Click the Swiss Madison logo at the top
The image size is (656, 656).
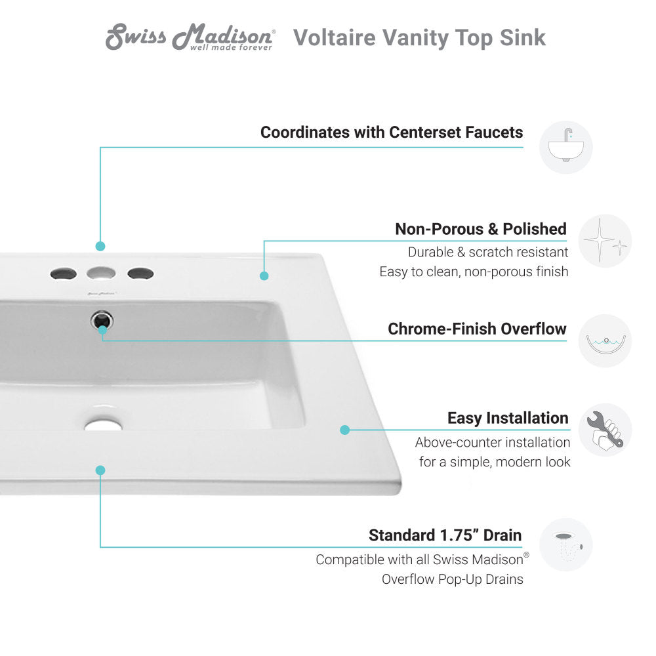tap(190, 38)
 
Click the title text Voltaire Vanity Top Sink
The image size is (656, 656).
tap(419, 38)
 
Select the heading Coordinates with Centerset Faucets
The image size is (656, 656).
tap(392, 133)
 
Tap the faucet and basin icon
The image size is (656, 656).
tap(565, 147)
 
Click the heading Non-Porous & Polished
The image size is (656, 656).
tap(480, 229)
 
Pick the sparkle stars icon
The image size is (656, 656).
tap(605, 241)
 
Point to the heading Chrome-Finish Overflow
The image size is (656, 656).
tap(477, 329)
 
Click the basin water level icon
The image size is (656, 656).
tap(605, 341)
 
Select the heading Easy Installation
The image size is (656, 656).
tap(508, 418)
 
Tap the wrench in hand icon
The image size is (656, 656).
tap(605, 430)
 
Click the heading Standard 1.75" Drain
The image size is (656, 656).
tap(445, 535)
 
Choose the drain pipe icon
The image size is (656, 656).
tap(565, 544)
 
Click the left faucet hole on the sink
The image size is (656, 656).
tap(62, 273)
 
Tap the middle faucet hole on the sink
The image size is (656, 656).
tap(101, 273)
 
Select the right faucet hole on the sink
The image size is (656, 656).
tap(140, 273)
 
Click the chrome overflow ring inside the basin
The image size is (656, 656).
tap(102, 321)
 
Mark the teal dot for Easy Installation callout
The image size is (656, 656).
tap(344, 430)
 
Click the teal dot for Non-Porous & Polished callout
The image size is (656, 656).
tap(264, 276)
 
